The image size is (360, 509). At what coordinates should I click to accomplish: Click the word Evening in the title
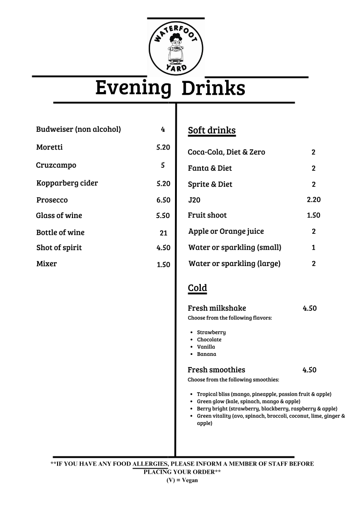pyautogui.click(x=133, y=88)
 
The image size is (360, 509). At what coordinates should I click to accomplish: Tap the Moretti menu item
pyautogui.click(x=49, y=147)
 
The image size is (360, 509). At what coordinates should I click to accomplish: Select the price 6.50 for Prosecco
pyautogui.click(x=163, y=200)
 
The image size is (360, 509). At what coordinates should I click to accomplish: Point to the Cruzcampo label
pyautogui.click(x=56, y=165)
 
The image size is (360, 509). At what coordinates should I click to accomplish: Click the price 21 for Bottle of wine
pyautogui.click(x=164, y=233)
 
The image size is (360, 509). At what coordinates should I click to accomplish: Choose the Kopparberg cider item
pyautogui.click(x=67, y=183)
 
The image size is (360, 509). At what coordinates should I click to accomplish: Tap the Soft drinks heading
pyautogui.click(x=212, y=131)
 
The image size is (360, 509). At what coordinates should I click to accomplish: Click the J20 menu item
pyautogui.click(x=194, y=200)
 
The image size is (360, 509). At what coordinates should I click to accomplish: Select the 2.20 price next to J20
pyautogui.click(x=313, y=199)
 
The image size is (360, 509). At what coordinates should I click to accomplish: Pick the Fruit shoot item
pyautogui.click(x=207, y=215)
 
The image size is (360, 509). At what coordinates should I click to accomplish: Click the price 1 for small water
pyautogui.click(x=313, y=247)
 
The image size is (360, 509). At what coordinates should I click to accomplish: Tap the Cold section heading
pyautogui.click(x=197, y=288)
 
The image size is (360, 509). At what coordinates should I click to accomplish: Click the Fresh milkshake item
pyautogui.click(x=217, y=308)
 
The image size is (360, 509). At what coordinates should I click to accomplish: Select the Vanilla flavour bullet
pyautogui.click(x=206, y=347)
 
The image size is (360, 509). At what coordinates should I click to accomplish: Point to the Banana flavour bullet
pyautogui.click(x=206, y=354)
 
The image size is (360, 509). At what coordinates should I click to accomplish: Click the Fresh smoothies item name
pyautogui.click(x=216, y=370)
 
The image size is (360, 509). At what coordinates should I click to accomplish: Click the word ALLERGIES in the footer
pyautogui.click(x=151, y=464)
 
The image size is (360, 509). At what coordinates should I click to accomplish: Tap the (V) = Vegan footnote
pyautogui.click(x=182, y=480)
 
